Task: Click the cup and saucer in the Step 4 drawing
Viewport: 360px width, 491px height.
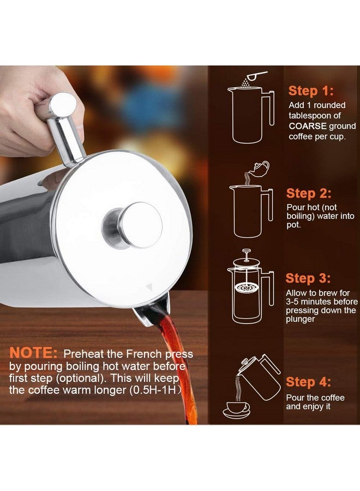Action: (236, 410)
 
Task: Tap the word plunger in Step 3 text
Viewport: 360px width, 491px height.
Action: (301, 319)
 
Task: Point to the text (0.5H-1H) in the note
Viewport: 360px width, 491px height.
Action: (161, 390)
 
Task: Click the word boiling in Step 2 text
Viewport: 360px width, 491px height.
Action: (302, 216)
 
